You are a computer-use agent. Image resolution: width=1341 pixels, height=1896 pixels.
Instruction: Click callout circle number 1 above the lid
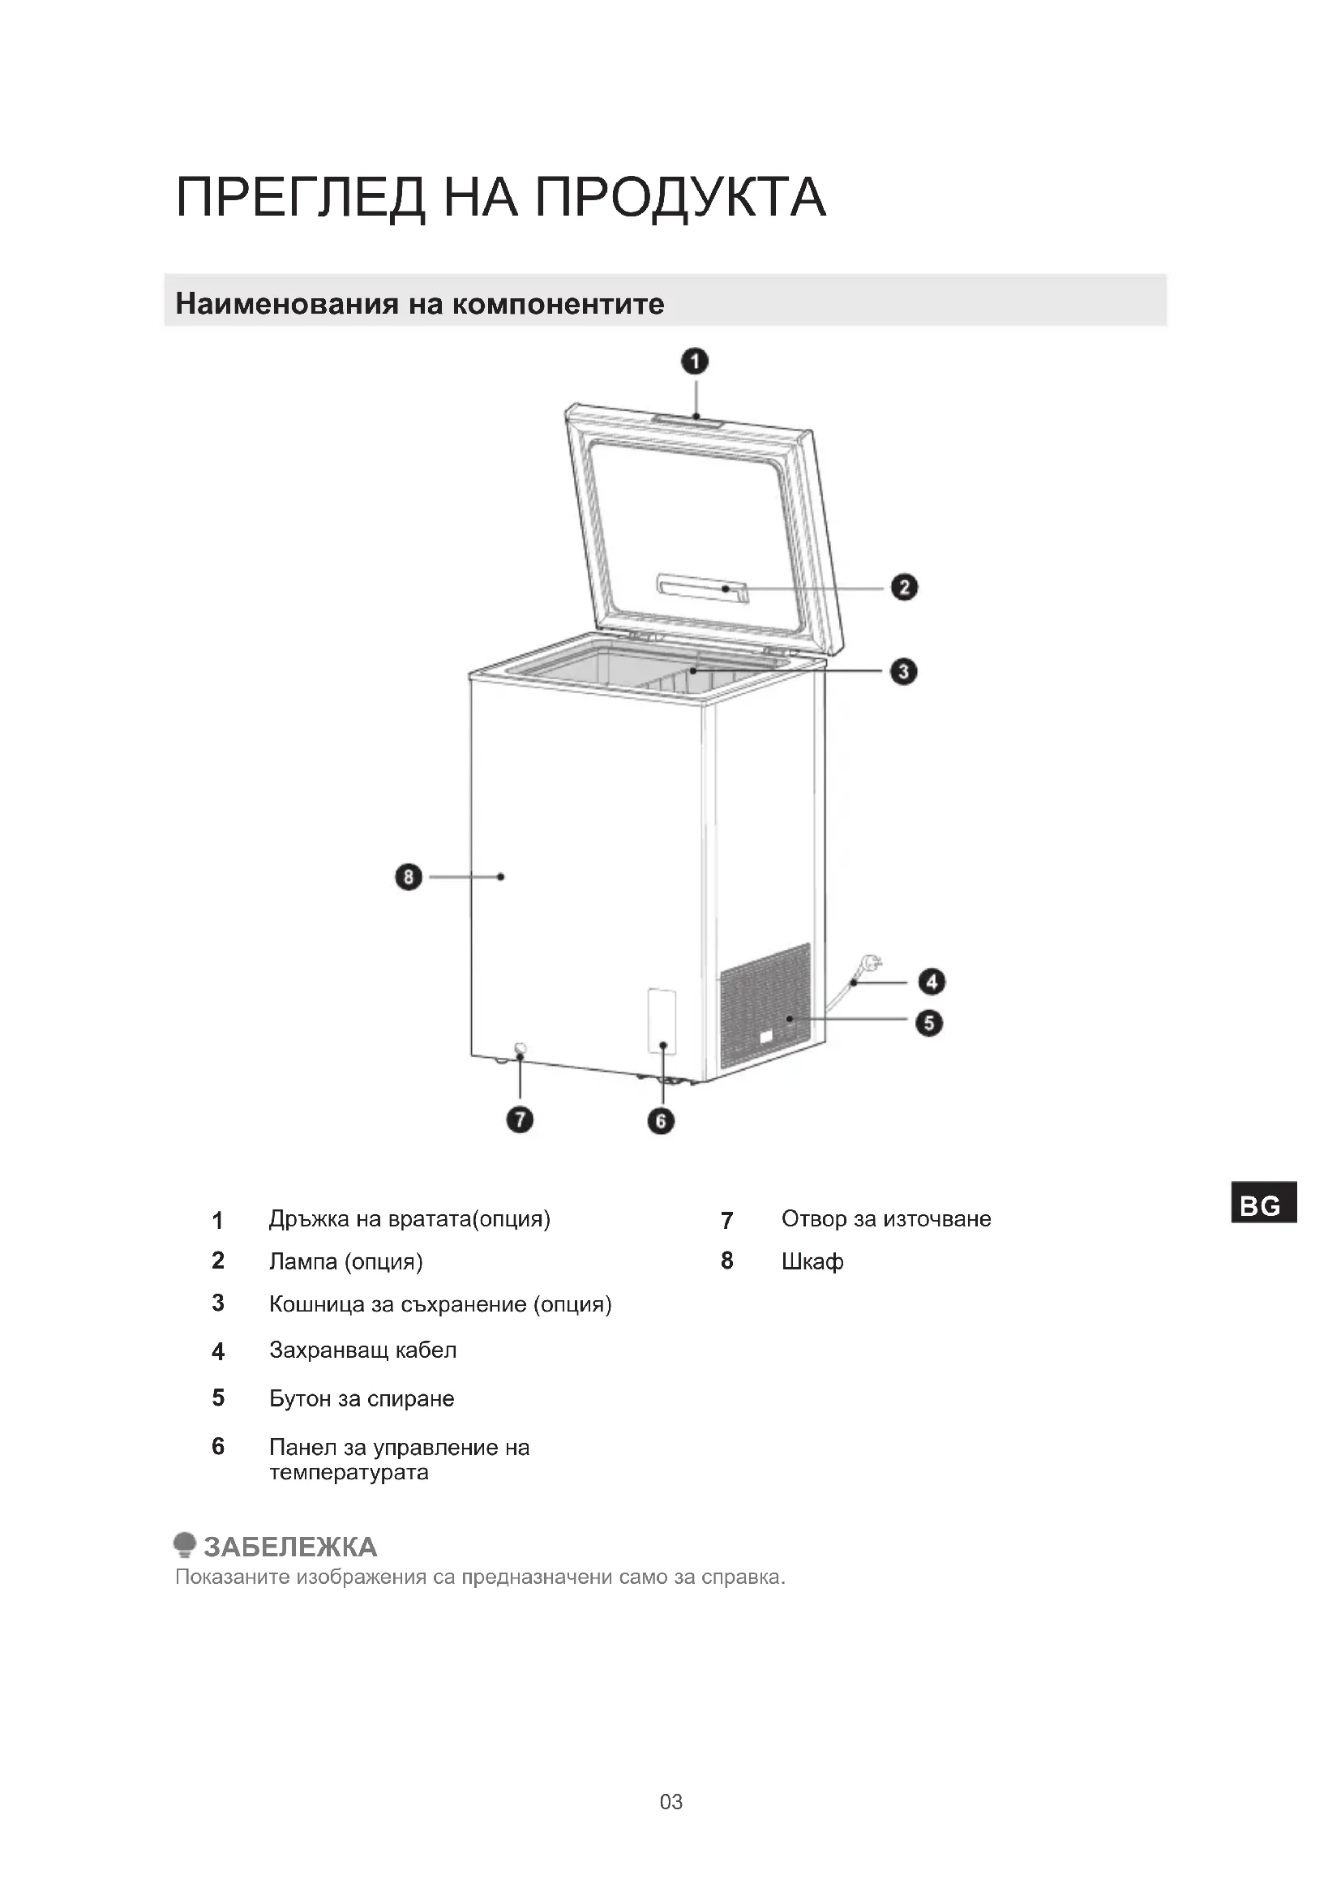pyautogui.click(x=695, y=362)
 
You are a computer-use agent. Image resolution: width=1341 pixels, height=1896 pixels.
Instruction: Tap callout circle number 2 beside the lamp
pyautogui.click(x=904, y=587)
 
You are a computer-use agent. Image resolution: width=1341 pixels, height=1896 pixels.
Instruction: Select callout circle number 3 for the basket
pyautogui.click(x=903, y=671)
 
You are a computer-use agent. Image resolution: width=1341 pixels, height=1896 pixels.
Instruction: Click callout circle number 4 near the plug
pyautogui.click(x=932, y=981)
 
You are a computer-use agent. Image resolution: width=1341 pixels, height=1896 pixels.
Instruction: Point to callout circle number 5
pyautogui.click(x=929, y=1023)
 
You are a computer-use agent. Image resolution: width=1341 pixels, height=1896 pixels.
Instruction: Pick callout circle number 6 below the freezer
pyautogui.click(x=661, y=1120)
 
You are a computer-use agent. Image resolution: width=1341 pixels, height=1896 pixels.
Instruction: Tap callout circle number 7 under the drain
pyautogui.click(x=520, y=1119)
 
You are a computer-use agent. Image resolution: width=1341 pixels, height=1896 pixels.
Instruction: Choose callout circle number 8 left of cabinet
pyautogui.click(x=408, y=876)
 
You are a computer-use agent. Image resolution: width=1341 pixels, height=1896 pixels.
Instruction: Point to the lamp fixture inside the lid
pyautogui.click(x=702, y=587)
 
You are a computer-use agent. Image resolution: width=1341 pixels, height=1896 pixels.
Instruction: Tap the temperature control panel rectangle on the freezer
pyautogui.click(x=662, y=1021)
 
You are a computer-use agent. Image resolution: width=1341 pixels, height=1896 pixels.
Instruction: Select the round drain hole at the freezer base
pyautogui.click(x=521, y=1050)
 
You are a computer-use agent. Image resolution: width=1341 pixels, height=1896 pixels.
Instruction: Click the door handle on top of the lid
pyautogui.click(x=687, y=422)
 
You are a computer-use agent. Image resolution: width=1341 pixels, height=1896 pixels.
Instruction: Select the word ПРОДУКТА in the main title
pyautogui.click(x=680, y=197)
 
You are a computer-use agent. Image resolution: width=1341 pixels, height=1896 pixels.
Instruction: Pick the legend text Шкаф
pyautogui.click(x=812, y=1262)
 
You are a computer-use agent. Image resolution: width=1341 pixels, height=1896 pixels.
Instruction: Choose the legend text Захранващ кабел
pyautogui.click(x=362, y=1350)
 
